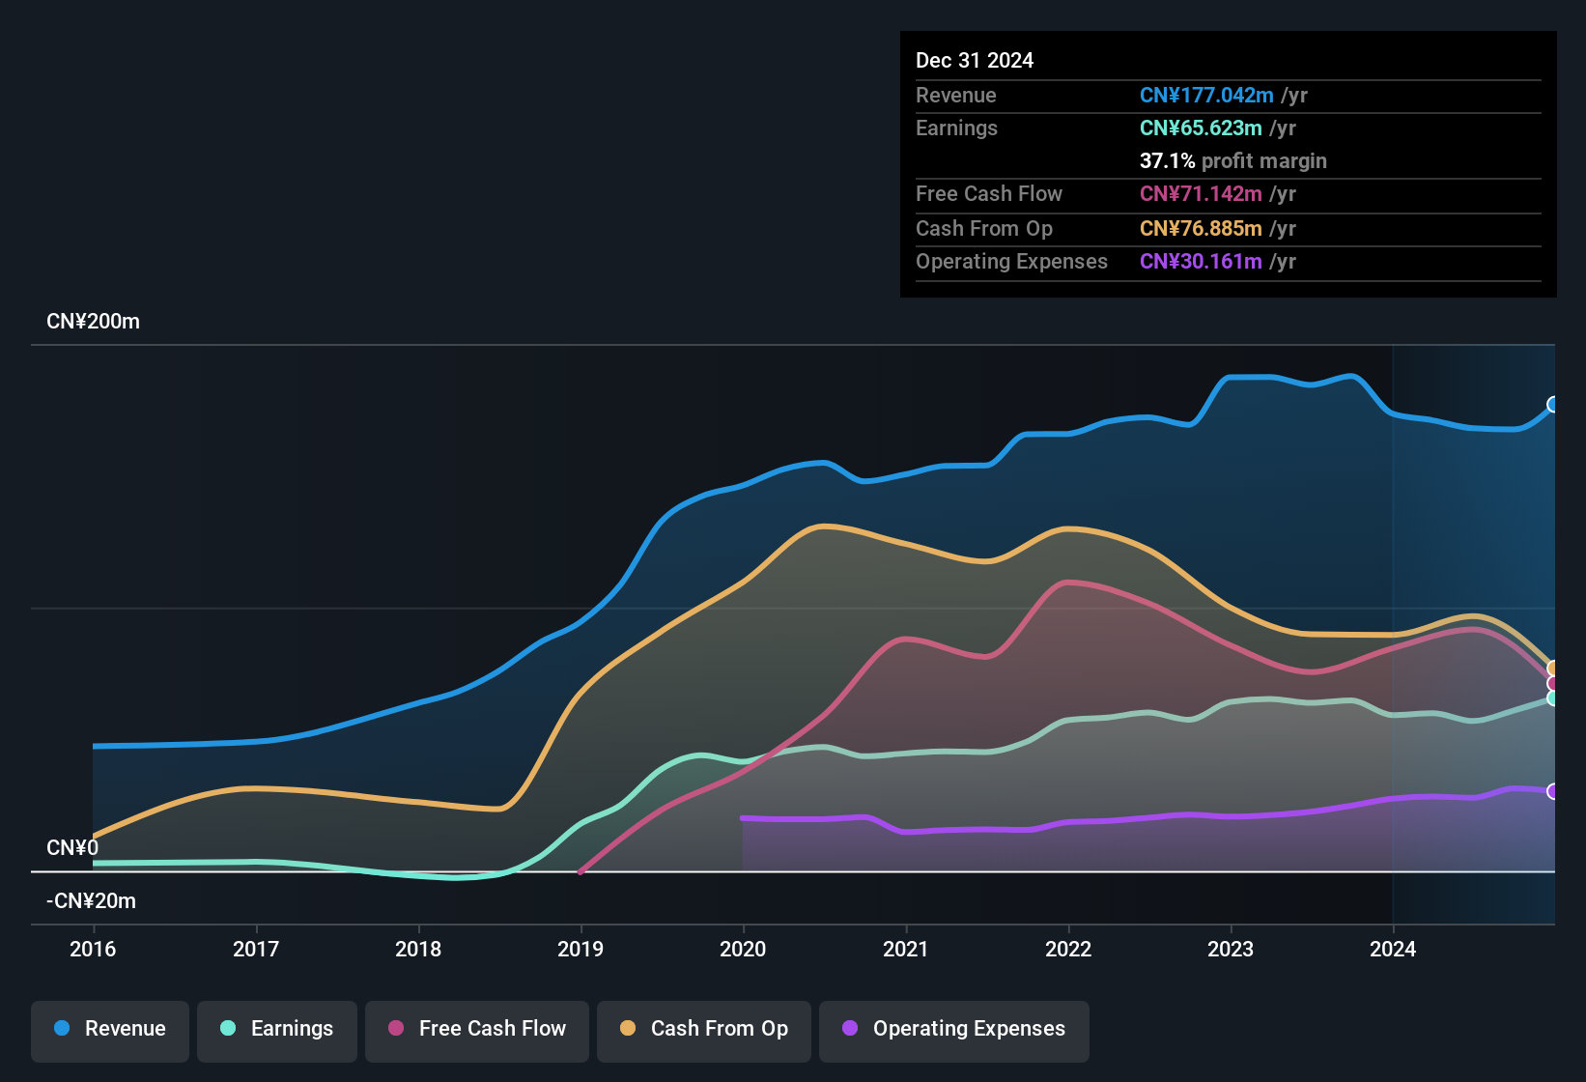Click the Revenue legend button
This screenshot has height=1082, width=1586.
coord(110,1029)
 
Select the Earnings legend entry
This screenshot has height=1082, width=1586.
coord(277,1029)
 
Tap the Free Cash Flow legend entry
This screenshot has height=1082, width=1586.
coord(477,1029)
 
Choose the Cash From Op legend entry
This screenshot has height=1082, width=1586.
coord(704,1029)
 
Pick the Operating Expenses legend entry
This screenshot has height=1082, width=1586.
coord(954,1029)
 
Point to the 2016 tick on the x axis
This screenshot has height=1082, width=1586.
coord(93,949)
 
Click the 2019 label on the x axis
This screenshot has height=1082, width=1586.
coord(581,949)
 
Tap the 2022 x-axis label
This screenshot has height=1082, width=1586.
coord(1068,949)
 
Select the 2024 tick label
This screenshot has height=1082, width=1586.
coord(1393,949)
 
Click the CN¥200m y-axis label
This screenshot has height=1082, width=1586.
coord(93,322)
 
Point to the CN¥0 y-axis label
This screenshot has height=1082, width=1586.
coord(72,847)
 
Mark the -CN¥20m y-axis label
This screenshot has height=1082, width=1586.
coord(91,900)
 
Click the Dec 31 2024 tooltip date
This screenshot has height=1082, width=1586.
coord(975,60)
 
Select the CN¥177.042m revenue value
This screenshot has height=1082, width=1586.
coord(1206,95)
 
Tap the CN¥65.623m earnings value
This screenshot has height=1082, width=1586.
coord(1201,128)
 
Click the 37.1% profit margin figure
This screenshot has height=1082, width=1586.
coord(1167,160)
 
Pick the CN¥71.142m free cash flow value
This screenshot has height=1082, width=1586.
coord(1201,193)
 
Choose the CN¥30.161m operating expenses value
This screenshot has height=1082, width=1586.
coord(1201,261)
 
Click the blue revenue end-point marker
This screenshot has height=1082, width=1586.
coord(1553,404)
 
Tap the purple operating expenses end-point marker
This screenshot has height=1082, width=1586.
coord(1553,791)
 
